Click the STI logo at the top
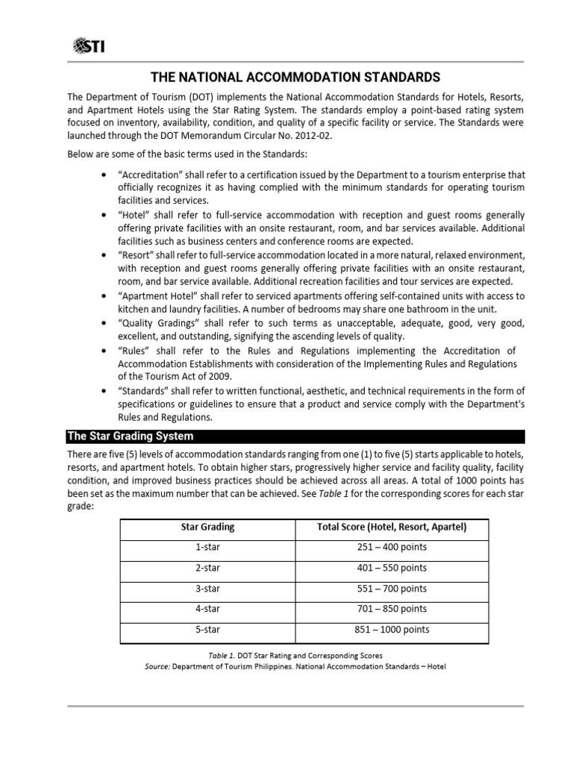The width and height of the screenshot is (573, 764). coord(89,47)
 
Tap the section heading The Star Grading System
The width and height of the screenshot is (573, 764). coord(131,436)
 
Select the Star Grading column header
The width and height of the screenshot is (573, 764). coord(207,527)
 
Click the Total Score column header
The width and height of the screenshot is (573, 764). coord(392,527)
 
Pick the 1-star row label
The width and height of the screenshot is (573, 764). coord(207,547)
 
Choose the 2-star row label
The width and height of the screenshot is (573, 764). coord(207,568)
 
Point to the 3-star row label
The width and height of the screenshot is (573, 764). coord(207,589)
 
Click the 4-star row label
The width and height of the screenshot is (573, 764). coord(207,609)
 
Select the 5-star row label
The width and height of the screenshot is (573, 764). coord(207,630)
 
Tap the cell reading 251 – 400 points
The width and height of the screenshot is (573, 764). coord(392,547)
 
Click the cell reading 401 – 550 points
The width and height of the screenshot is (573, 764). coord(392,568)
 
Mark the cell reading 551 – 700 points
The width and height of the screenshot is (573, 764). coord(392,589)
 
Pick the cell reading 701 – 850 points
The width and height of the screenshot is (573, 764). coord(392,609)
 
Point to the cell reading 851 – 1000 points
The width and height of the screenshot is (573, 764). coord(392,630)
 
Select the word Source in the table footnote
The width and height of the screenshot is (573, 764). coord(157,666)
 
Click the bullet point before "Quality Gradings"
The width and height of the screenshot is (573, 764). coord(102,323)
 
